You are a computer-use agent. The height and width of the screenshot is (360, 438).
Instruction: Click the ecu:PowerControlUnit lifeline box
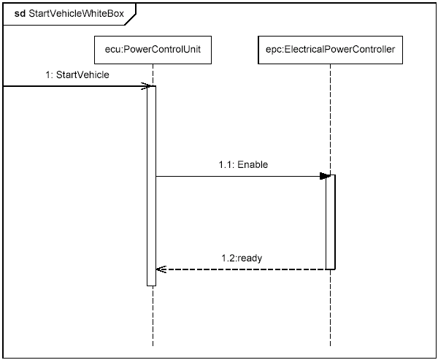pyautogui.click(x=153, y=50)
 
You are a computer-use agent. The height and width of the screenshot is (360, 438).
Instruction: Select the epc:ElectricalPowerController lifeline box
pyautogui.click(x=330, y=50)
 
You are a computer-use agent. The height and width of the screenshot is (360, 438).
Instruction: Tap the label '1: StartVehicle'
pyautogui.click(x=82, y=74)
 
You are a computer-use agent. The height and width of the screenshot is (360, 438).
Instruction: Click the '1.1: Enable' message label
pyautogui.click(x=243, y=165)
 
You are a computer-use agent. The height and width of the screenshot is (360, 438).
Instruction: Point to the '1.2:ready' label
pyautogui.click(x=241, y=258)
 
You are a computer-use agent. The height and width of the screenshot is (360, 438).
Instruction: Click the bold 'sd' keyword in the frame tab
pyautogui.click(x=20, y=12)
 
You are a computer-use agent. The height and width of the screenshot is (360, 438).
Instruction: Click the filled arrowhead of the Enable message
pyautogui.click(x=324, y=176)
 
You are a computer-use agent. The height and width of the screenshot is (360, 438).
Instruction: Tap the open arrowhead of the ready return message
pyautogui.click(x=161, y=269)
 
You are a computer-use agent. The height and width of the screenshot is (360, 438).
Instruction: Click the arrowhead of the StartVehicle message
pyautogui.click(x=147, y=86)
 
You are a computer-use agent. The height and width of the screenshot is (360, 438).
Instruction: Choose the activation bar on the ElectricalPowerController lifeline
pyautogui.click(x=330, y=219)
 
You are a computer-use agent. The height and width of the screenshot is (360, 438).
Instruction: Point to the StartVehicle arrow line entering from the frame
pyautogui.click(x=73, y=86)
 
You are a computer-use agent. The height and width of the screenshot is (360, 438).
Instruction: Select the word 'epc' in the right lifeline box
pyautogui.click(x=275, y=50)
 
